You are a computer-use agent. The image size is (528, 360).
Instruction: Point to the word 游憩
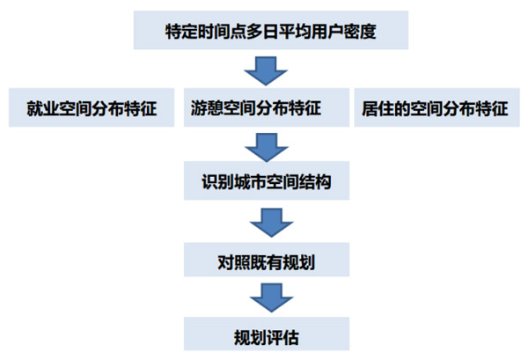point(206,109)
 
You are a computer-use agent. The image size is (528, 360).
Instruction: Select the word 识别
point(215,184)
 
